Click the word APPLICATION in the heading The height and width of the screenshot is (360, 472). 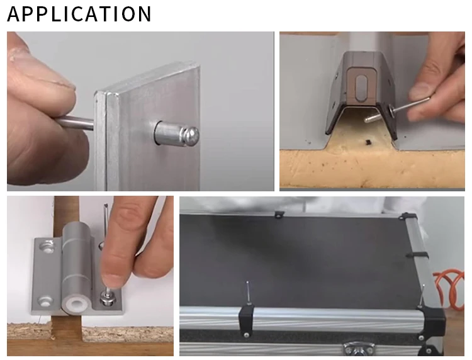click(x=79, y=14)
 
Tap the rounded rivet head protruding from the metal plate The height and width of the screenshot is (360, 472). click(x=190, y=135)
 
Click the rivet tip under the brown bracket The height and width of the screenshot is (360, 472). click(x=368, y=120)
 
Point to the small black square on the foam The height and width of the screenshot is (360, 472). click(x=368, y=141)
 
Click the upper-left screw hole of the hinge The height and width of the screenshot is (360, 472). click(x=47, y=245)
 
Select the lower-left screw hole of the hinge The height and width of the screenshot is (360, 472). click(x=45, y=301)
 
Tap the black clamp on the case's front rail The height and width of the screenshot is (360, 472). click(x=247, y=320)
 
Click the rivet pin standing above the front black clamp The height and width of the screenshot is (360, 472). click(x=249, y=292)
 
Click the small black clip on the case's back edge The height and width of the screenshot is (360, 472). click(x=279, y=215)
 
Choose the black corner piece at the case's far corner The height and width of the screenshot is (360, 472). click(x=407, y=217)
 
